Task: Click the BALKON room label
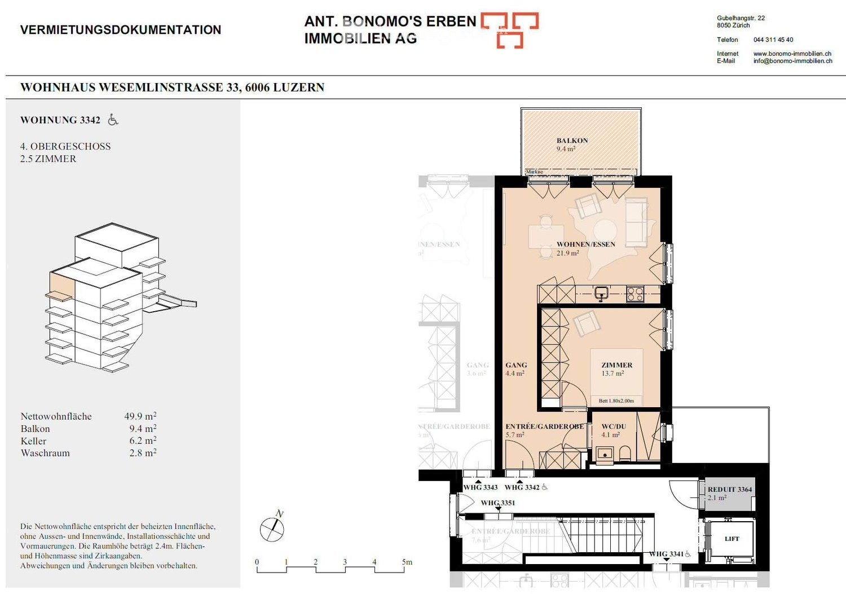coord(572,141)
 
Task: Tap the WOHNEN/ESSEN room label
coord(585,244)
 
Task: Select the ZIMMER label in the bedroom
coord(616,365)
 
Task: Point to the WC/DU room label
coord(613,426)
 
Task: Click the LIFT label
coord(732,539)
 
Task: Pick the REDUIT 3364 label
coord(729,490)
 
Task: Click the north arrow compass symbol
coord(272,529)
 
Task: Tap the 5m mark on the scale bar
coord(407,562)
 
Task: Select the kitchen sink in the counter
coord(601,293)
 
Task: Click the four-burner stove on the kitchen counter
coord(635,294)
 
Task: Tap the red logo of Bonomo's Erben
coord(509,30)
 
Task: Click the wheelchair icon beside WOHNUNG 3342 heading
coord(113,120)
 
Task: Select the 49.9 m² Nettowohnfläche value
coord(140,416)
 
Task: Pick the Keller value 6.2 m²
coord(142,441)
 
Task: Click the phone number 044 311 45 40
coord(773,40)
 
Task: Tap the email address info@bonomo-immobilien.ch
coord(792,61)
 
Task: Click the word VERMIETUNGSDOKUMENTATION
coord(121,30)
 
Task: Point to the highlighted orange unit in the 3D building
coord(61,284)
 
